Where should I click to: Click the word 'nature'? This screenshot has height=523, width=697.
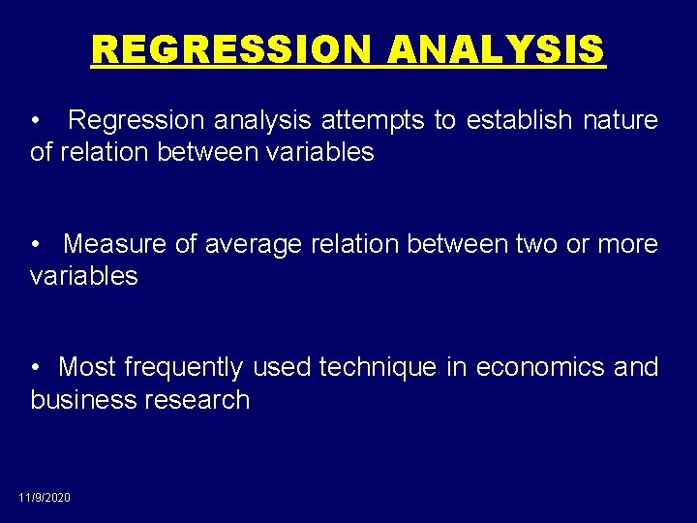[x=621, y=121]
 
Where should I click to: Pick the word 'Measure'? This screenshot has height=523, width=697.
[x=115, y=244]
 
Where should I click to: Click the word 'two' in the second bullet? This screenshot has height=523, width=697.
[x=537, y=244]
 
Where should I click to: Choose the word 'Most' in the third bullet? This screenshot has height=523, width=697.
[x=88, y=367]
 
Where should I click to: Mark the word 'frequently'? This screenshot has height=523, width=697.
[x=184, y=367]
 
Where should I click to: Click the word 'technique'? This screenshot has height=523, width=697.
[x=378, y=367]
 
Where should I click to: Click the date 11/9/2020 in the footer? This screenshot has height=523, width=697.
[x=45, y=497]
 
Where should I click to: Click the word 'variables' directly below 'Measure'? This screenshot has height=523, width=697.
[x=84, y=276]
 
